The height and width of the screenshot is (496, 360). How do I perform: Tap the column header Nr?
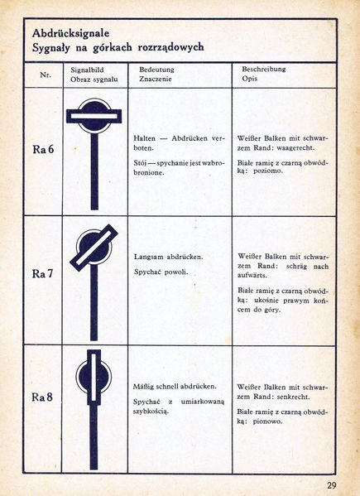pyautogui.click(x=46, y=75)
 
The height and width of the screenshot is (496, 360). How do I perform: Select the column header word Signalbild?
pyautogui.click(x=88, y=70)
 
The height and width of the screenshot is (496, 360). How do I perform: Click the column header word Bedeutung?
pyautogui.click(x=156, y=70)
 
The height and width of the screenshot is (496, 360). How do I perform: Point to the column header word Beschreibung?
pyautogui.click(x=264, y=70)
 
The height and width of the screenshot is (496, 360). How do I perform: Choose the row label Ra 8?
pyautogui.click(x=44, y=397)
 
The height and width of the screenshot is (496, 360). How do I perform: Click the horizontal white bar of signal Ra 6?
pyautogui.click(x=95, y=117)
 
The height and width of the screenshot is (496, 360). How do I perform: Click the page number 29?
pyautogui.click(x=331, y=484)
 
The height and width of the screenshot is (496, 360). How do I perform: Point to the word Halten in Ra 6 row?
pyautogui.click(x=146, y=137)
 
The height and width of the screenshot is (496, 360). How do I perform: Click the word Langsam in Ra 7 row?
pyautogui.click(x=150, y=257)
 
